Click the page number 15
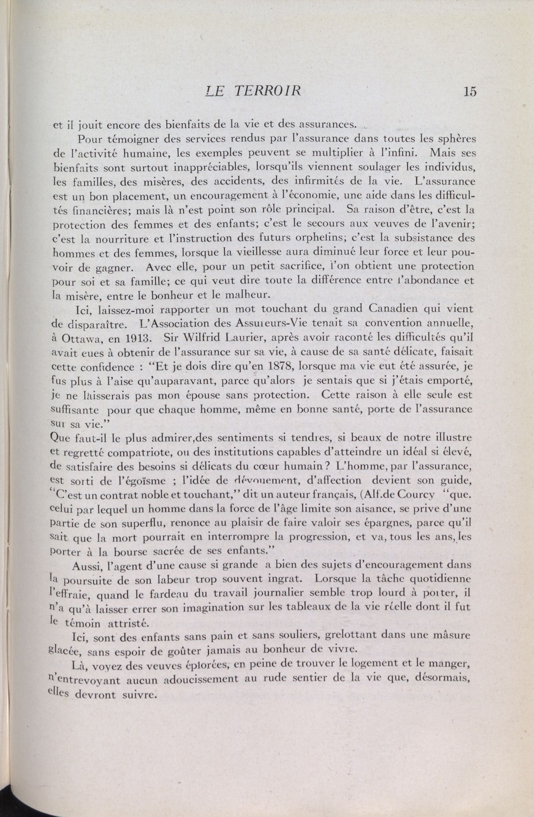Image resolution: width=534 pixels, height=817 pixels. point(469,92)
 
